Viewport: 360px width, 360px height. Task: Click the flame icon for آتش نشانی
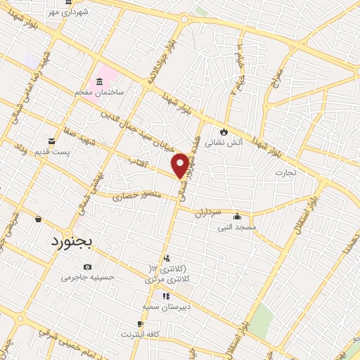224,131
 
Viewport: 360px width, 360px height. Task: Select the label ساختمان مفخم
101,93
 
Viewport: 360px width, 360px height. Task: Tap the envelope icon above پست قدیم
51,141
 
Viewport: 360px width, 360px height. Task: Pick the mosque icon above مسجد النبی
238,216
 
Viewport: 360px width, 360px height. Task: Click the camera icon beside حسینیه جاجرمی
87,266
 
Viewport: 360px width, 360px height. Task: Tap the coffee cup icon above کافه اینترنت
139,324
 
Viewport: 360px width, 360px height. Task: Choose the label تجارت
286,172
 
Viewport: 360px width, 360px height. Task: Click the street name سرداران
208,211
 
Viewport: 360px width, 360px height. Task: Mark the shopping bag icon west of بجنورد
38,219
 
